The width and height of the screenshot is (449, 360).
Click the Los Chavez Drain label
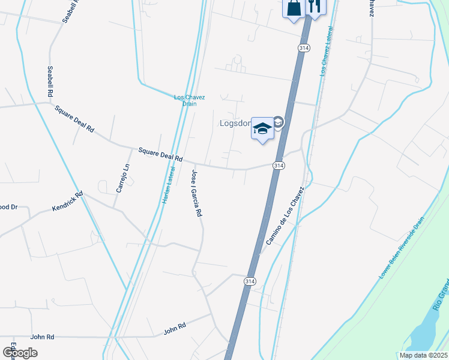coord(189,100)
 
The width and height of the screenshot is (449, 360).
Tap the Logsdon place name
coord(235,124)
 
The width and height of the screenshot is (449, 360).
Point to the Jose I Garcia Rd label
coord(196,193)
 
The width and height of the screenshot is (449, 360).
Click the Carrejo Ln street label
coord(122,178)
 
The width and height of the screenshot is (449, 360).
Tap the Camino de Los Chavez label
coord(285,215)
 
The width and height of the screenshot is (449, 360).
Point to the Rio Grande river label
coord(441,293)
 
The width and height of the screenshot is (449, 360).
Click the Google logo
coord(20,352)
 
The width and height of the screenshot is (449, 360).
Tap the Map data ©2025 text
coord(423,355)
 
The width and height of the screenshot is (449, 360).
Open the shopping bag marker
coord(293,8)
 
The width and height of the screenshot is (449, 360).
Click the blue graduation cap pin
coord(262,128)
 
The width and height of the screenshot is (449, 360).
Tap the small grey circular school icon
coord(279,122)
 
